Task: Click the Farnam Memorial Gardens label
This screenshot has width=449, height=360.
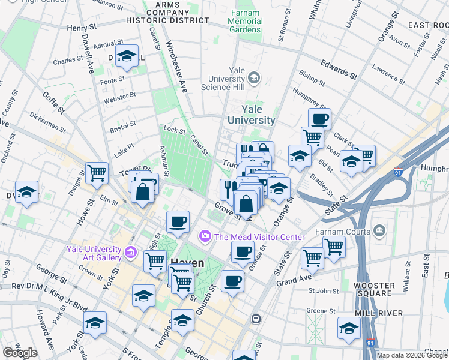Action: coord(245,21)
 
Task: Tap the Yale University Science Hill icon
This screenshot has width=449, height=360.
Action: coord(254,77)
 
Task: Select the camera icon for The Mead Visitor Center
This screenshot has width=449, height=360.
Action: coord(205,236)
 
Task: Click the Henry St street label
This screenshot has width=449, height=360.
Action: coord(82,28)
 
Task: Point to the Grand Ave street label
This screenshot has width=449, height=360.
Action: coord(293,280)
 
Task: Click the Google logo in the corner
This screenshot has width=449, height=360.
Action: coord(20,352)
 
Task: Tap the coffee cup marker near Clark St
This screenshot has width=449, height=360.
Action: coord(319,119)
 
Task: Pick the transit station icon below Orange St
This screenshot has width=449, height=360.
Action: coord(256,319)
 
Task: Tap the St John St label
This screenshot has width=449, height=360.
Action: coord(324,292)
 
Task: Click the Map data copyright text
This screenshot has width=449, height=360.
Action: coord(412,355)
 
